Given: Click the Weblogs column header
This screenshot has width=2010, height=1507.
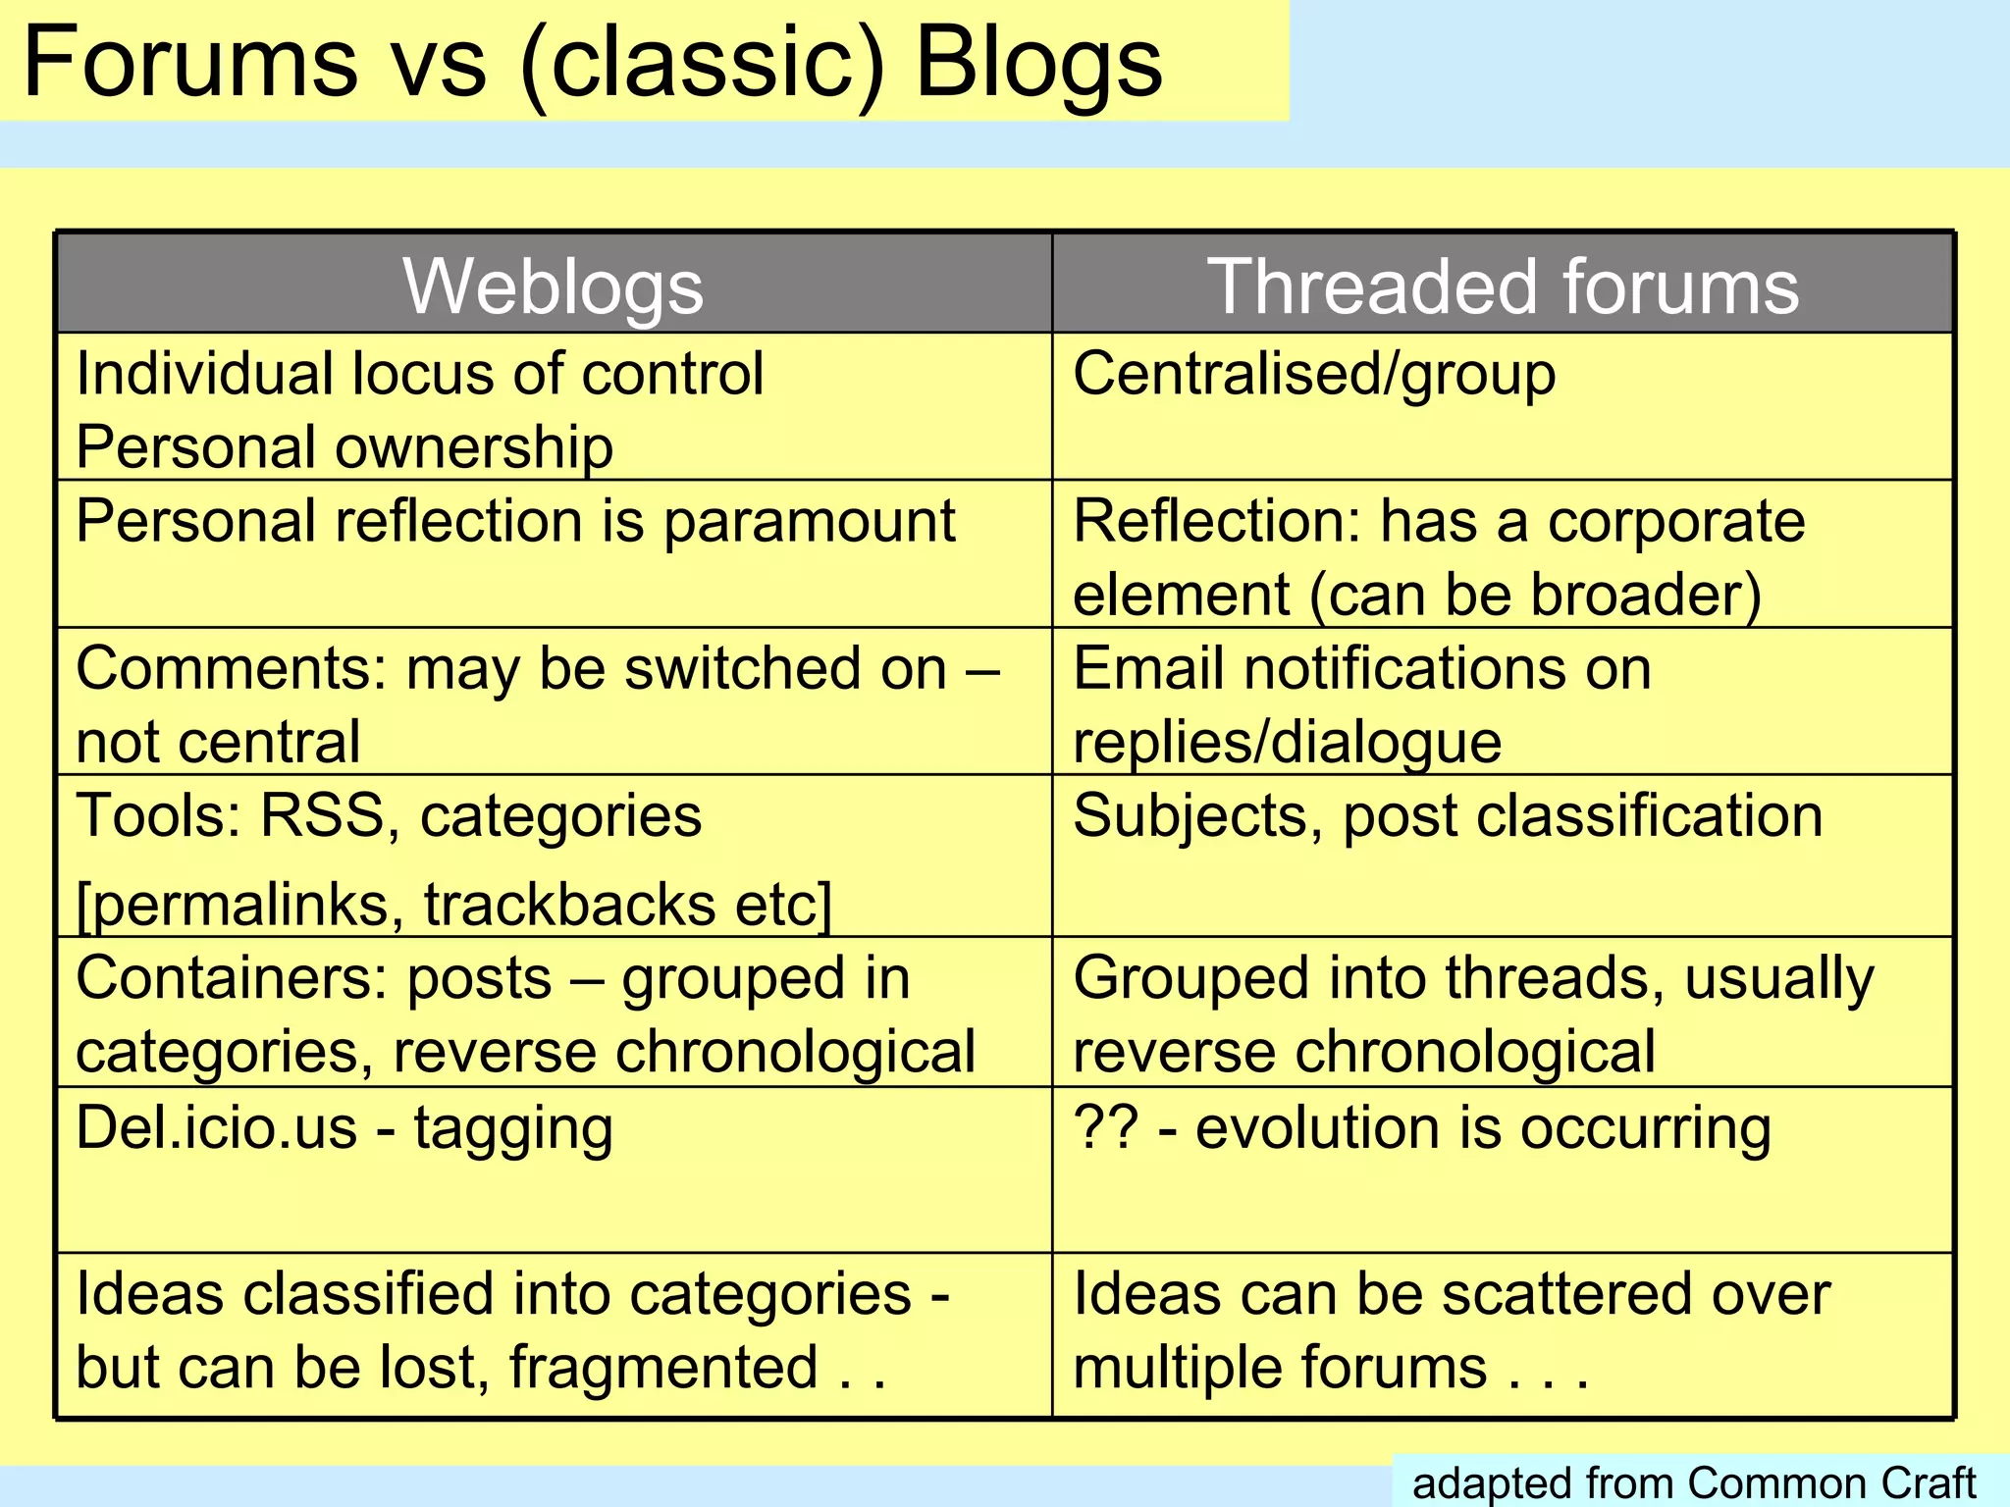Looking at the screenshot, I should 553,286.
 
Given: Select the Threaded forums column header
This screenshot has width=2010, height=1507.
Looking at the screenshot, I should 1503,286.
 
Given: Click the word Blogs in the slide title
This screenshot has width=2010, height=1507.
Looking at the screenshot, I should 1038,63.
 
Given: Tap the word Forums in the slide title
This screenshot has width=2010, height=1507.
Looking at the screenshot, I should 190,63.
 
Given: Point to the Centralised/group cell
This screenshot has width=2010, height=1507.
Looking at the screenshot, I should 1314,375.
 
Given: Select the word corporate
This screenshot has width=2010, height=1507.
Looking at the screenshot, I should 1676,521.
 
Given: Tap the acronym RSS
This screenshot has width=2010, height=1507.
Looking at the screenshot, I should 322,816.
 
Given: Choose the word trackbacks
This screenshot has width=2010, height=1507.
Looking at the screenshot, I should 570,905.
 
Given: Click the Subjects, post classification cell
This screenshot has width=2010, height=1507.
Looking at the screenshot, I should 1448,816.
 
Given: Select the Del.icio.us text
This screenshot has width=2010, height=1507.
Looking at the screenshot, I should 217,1127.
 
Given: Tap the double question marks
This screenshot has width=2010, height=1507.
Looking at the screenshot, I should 1106,1127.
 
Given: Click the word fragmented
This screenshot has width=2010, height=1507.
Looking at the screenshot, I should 663,1368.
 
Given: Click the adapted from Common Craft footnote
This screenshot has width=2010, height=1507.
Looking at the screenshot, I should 1694,1482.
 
